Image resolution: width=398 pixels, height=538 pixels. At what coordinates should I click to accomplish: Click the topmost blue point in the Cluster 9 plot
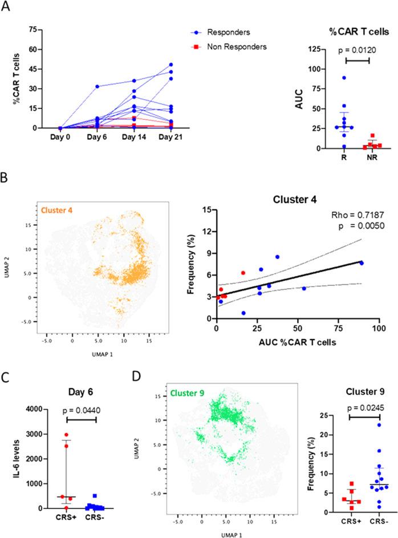pyautogui.click(x=363, y=425)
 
